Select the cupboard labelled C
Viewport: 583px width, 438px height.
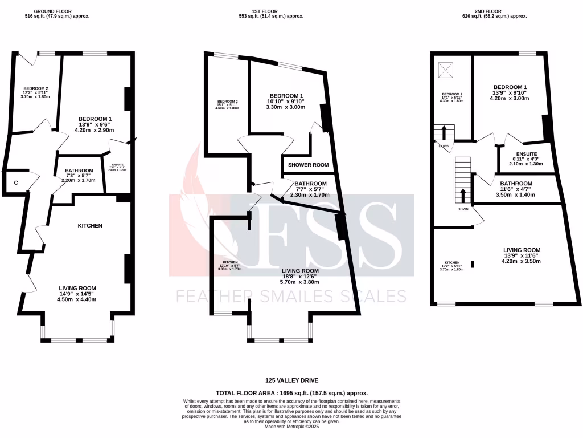coord(16,183)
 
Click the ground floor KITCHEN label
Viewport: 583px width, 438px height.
coord(90,226)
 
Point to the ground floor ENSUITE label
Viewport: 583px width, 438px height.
coord(118,165)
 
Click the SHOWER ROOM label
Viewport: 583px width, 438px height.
coord(309,165)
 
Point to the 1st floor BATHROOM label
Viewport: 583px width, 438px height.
coord(310,184)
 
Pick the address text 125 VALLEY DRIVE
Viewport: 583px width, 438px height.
coord(291,380)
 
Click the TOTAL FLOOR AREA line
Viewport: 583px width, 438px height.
coord(291,393)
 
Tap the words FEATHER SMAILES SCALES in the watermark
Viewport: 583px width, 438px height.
coord(291,296)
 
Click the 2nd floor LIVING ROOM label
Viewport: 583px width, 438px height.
coord(522,250)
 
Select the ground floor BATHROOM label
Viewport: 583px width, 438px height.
coord(79,170)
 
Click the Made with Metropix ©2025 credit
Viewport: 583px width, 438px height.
coord(291,427)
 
